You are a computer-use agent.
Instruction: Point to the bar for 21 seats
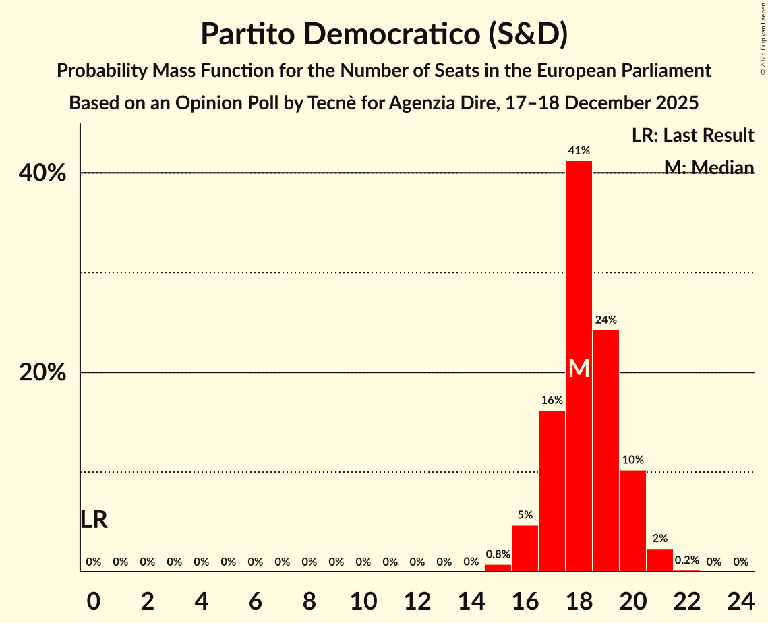pyautogui.click(x=660, y=560)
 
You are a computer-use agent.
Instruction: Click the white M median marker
pyautogui.click(x=579, y=369)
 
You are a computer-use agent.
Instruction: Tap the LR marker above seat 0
pyautogui.click(x=94, y=520)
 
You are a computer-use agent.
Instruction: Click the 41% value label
pyautogui.click(x=579, y=150)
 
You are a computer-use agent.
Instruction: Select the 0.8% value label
pyautogui.click(x=498, y=554)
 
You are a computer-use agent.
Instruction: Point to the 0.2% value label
pyautogui.click(x=687, y=560)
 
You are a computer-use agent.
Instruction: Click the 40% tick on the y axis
pyautogui.click(x=42, y=173)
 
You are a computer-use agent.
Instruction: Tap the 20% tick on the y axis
pyautogui.click(x=42, y=373)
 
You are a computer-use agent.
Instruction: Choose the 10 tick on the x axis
pyautogui.click(x=363, y=600)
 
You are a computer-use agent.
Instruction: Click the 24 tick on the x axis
pyautogui.click(x=741, y=600)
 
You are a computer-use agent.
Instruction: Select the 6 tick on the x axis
pyautogui.click(x=256, y=600)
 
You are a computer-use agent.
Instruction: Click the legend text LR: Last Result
pyautogui.click(x=692, y=136)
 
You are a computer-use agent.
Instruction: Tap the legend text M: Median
pyautogui.click(x=709, y=167)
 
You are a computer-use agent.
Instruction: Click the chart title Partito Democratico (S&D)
pyautogui.click(x=384, y=34)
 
